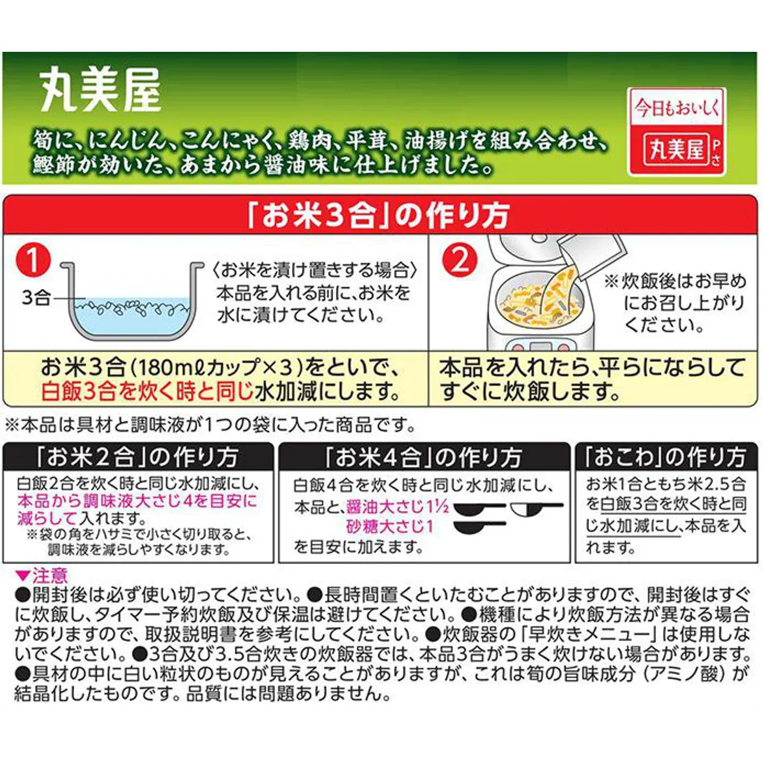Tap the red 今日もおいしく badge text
(676, 108)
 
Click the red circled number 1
(33, 261)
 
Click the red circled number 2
(460, 260)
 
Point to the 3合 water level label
(36, 297)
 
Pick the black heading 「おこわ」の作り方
(665, 457)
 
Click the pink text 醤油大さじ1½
(397, 507)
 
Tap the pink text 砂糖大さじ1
(390, 526)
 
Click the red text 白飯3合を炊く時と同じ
(148, 392)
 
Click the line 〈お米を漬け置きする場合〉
(314, 270)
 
